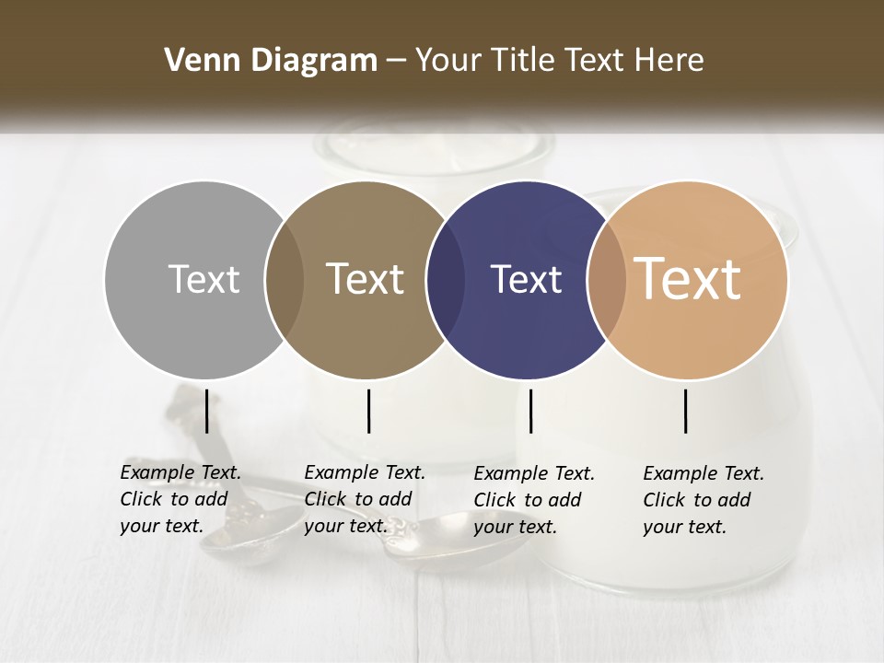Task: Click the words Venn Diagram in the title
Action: click(x=271, y=61)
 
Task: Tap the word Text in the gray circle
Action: click(x=204, y=279)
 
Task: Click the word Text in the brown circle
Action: click(x=365, y=279)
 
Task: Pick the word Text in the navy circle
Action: click(x=526, y=279)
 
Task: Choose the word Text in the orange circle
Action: click(x=688, y=279)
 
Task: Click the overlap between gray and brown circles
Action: click(x=285, y=280)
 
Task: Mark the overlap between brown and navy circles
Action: click(x=446, y=280)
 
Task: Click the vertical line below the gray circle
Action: click(x=206, y=411)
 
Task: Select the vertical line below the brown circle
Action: click(x=368, y=411)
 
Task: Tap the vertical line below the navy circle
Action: click(x=530, y=411)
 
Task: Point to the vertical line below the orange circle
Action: click(x=686, y=411)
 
